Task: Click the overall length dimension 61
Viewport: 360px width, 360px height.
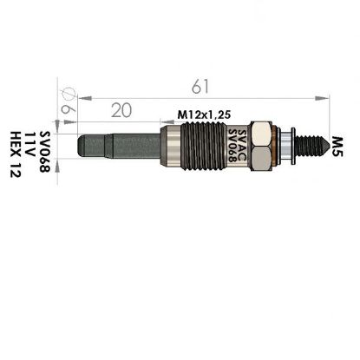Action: (200, 86)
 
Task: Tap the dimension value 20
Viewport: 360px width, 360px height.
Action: (121, 110)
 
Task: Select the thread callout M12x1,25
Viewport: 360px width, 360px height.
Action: (204, 115)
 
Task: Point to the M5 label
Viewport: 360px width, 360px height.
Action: (337, 147)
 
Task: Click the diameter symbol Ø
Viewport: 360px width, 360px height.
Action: (68, 93)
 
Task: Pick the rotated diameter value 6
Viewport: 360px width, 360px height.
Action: (69, 109)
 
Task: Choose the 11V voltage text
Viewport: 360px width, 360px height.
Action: (30, 144)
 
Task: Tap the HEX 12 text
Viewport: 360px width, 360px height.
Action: (16, 154)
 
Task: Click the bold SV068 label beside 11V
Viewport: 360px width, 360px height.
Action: (45, 152)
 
